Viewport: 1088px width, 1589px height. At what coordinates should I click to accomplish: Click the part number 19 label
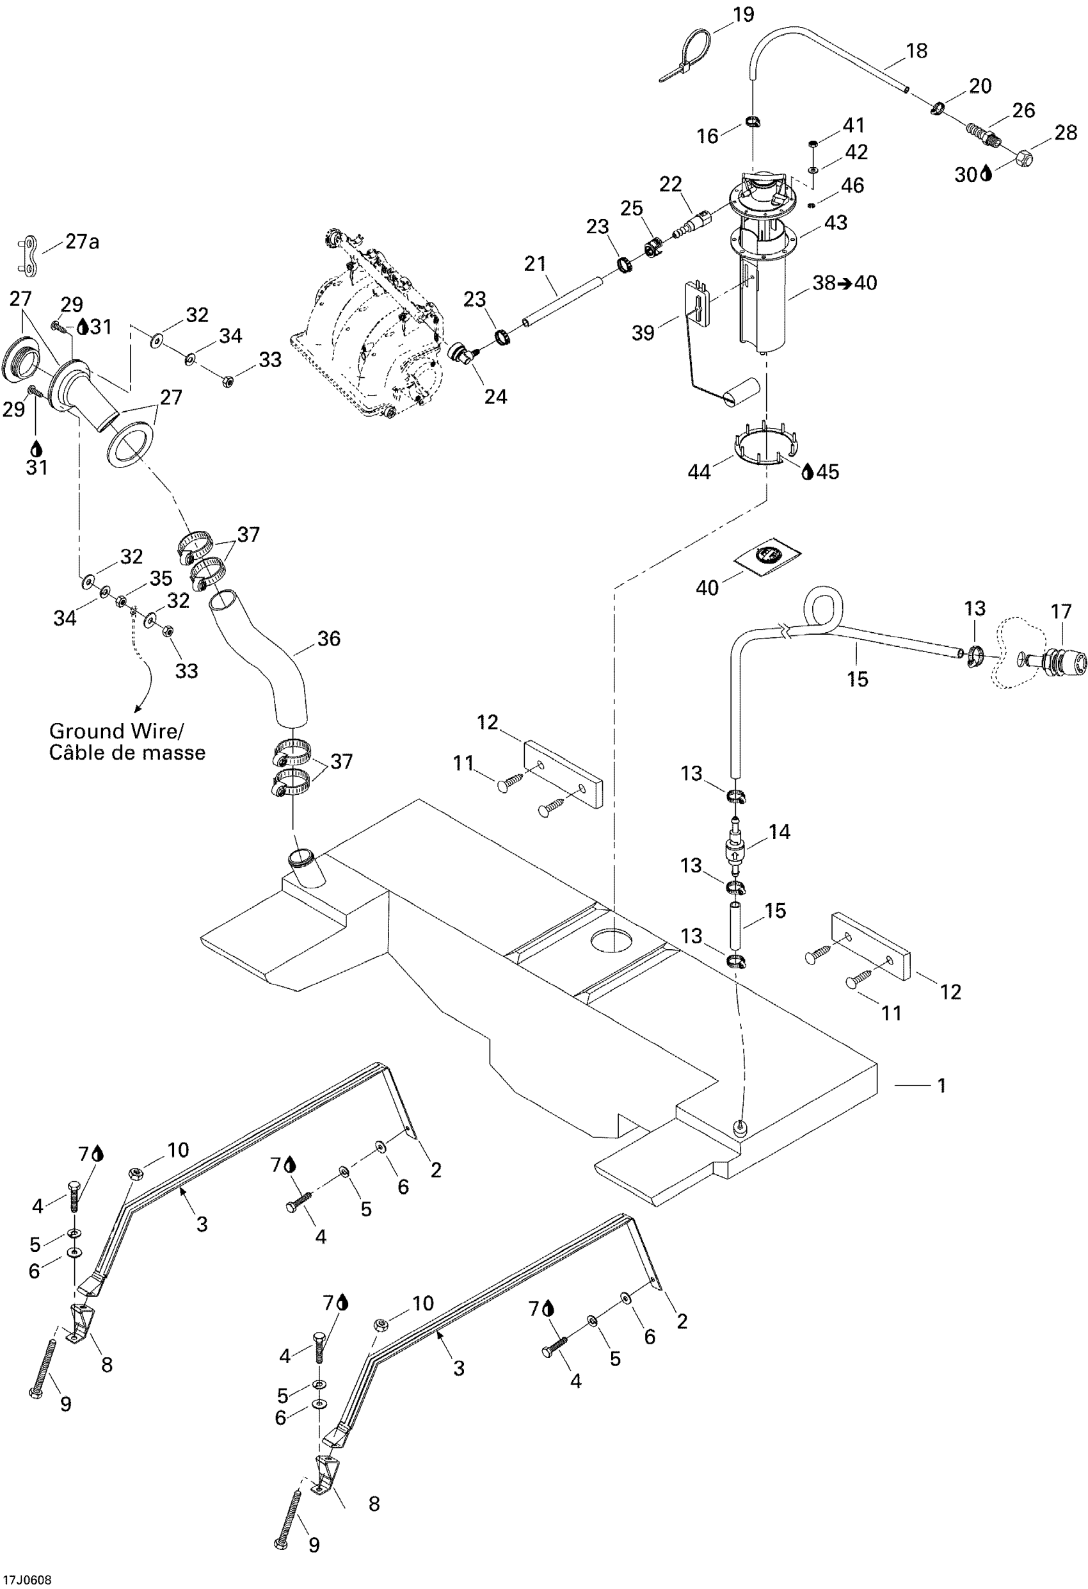(743, 14)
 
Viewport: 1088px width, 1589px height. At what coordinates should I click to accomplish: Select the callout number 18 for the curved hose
(916, 51)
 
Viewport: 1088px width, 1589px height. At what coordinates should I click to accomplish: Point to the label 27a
(82, 242)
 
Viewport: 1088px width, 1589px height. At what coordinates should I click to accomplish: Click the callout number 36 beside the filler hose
(329, 639)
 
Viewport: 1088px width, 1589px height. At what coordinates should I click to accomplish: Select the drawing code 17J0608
(26, 1580)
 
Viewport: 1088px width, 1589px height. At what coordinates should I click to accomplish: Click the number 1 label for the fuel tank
(941, 1085)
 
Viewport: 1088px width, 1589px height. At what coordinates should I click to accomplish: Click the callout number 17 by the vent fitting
(1061, 611)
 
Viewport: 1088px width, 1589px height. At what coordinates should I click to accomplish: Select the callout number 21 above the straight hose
(536, 263)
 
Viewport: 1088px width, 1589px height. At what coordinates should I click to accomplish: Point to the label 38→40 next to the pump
(845, 283)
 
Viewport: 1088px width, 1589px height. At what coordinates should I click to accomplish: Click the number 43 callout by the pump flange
(836, 223)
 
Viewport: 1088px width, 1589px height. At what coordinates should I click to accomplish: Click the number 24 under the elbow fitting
(495, 396)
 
